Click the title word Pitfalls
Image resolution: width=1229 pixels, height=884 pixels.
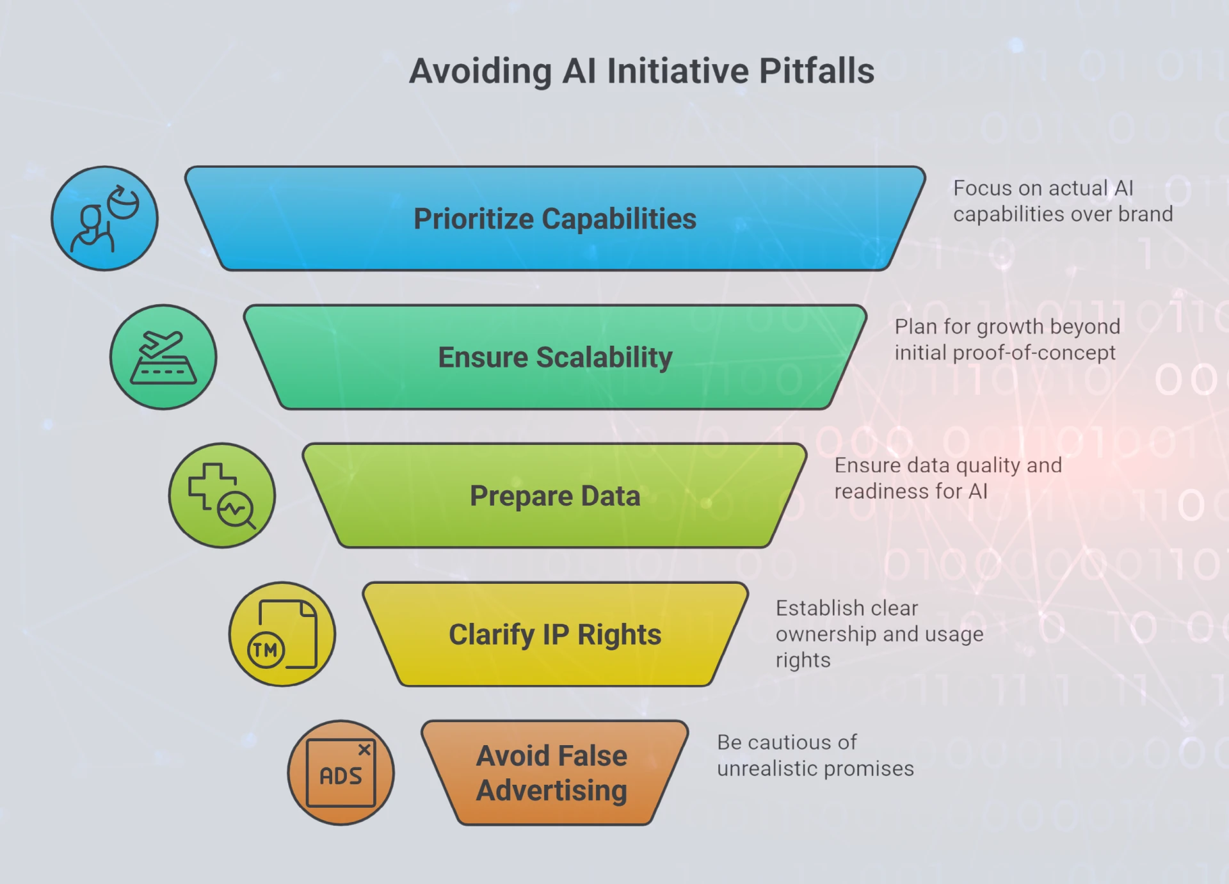816,70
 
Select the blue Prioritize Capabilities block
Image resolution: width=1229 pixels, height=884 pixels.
555,218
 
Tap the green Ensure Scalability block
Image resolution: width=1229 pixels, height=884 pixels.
555,357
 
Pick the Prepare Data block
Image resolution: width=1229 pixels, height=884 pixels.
555,495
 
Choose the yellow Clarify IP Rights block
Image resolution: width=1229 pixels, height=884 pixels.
555,634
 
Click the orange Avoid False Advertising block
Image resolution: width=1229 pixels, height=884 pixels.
555,773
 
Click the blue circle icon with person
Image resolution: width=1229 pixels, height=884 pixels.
104,218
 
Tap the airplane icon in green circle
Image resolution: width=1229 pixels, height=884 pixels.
163,357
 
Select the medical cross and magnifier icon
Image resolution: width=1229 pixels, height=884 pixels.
221,496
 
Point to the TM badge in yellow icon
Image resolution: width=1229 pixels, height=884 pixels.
266,650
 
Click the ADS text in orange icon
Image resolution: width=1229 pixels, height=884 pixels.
341,776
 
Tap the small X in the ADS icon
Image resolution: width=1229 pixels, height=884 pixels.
364,749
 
